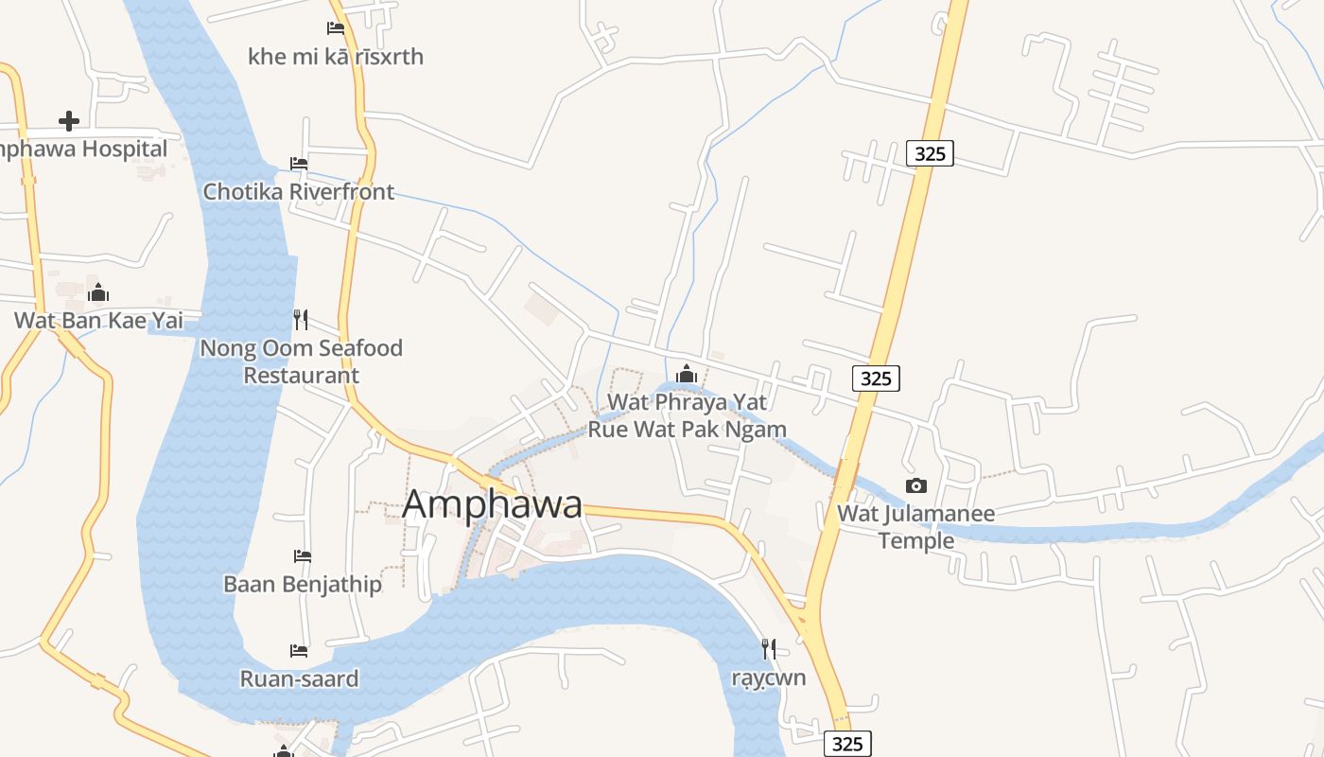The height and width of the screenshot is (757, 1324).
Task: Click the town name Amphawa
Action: (x=492, y=504)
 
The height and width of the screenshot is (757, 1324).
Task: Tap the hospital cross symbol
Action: (x=68, y=121)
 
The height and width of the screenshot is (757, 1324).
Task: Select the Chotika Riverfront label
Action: (x=299, y=191)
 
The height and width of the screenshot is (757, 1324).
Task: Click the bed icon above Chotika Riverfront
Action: (x=299, y=164)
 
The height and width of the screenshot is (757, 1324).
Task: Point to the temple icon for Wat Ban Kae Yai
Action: (x=98, y=293)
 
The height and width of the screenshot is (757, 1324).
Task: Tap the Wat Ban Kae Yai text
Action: (x=98, y=321)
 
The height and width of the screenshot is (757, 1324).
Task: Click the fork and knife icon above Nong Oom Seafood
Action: (x=301, y=320)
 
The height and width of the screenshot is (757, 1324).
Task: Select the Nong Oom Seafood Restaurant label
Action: (x=301, y=361)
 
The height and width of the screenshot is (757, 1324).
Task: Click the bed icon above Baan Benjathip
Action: (x=303, y=556)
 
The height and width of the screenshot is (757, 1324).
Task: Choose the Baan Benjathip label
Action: (x=303, y=584)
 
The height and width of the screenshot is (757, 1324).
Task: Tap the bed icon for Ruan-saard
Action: (x=299, y=651)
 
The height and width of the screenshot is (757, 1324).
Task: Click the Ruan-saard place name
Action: (x=299, y=678)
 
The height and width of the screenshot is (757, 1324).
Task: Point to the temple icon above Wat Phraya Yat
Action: (x=687, y=375)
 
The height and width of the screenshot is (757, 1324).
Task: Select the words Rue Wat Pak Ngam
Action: (x=688, y=430)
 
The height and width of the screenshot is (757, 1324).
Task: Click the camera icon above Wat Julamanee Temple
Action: (x=915, y=486)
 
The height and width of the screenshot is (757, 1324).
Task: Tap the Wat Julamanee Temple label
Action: (x=915, y=527)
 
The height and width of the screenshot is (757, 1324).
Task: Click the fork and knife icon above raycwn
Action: (x=769, y=649)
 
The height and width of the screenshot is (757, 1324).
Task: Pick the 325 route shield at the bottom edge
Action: (x=846, y=744)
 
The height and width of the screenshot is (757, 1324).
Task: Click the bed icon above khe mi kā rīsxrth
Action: (x=336, y=28)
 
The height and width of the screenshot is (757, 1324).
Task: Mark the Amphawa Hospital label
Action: (x=85, y=150)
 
